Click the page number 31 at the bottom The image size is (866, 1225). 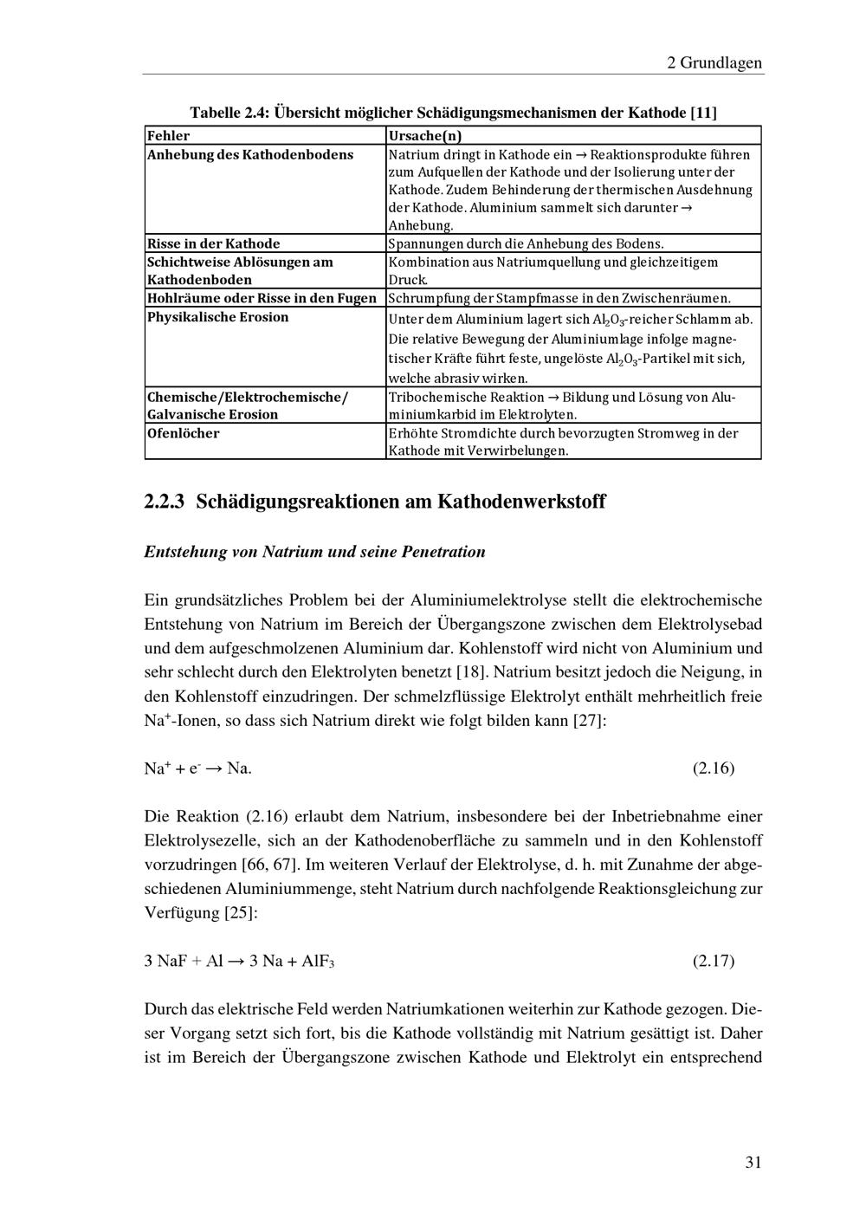pyautogui.click(x=753, y=1162)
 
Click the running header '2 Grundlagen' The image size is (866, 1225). pyautogui.click(x=714, y=62)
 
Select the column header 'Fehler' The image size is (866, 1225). pyautogui.click(x=168, y=135)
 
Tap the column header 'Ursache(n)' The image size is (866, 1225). pyautogui.click(x=425, y=135)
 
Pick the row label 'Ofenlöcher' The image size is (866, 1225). pyautogui.click(x=183, y=433)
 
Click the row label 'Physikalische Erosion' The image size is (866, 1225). pyautogui.click(x=217, y=317)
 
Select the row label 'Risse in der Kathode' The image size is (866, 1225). pyautogui.click(x=213, y=243)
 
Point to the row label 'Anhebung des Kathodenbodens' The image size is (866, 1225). pyautogui.click(x=249, y=154)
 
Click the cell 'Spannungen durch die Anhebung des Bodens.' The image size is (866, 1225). pyautogui.click(x=526, y=244)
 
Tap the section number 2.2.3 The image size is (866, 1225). pyautogui.click(x=165, y=502)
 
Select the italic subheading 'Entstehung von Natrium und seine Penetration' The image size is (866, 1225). pyautogui.click(x=314, y=552)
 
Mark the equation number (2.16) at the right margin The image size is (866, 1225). pyautogui.click(x=714, y=768)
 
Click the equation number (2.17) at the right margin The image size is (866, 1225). pyautogui.click(x=714, y=961)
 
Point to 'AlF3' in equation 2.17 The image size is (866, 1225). pyautogui.click(x=318, y=961)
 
